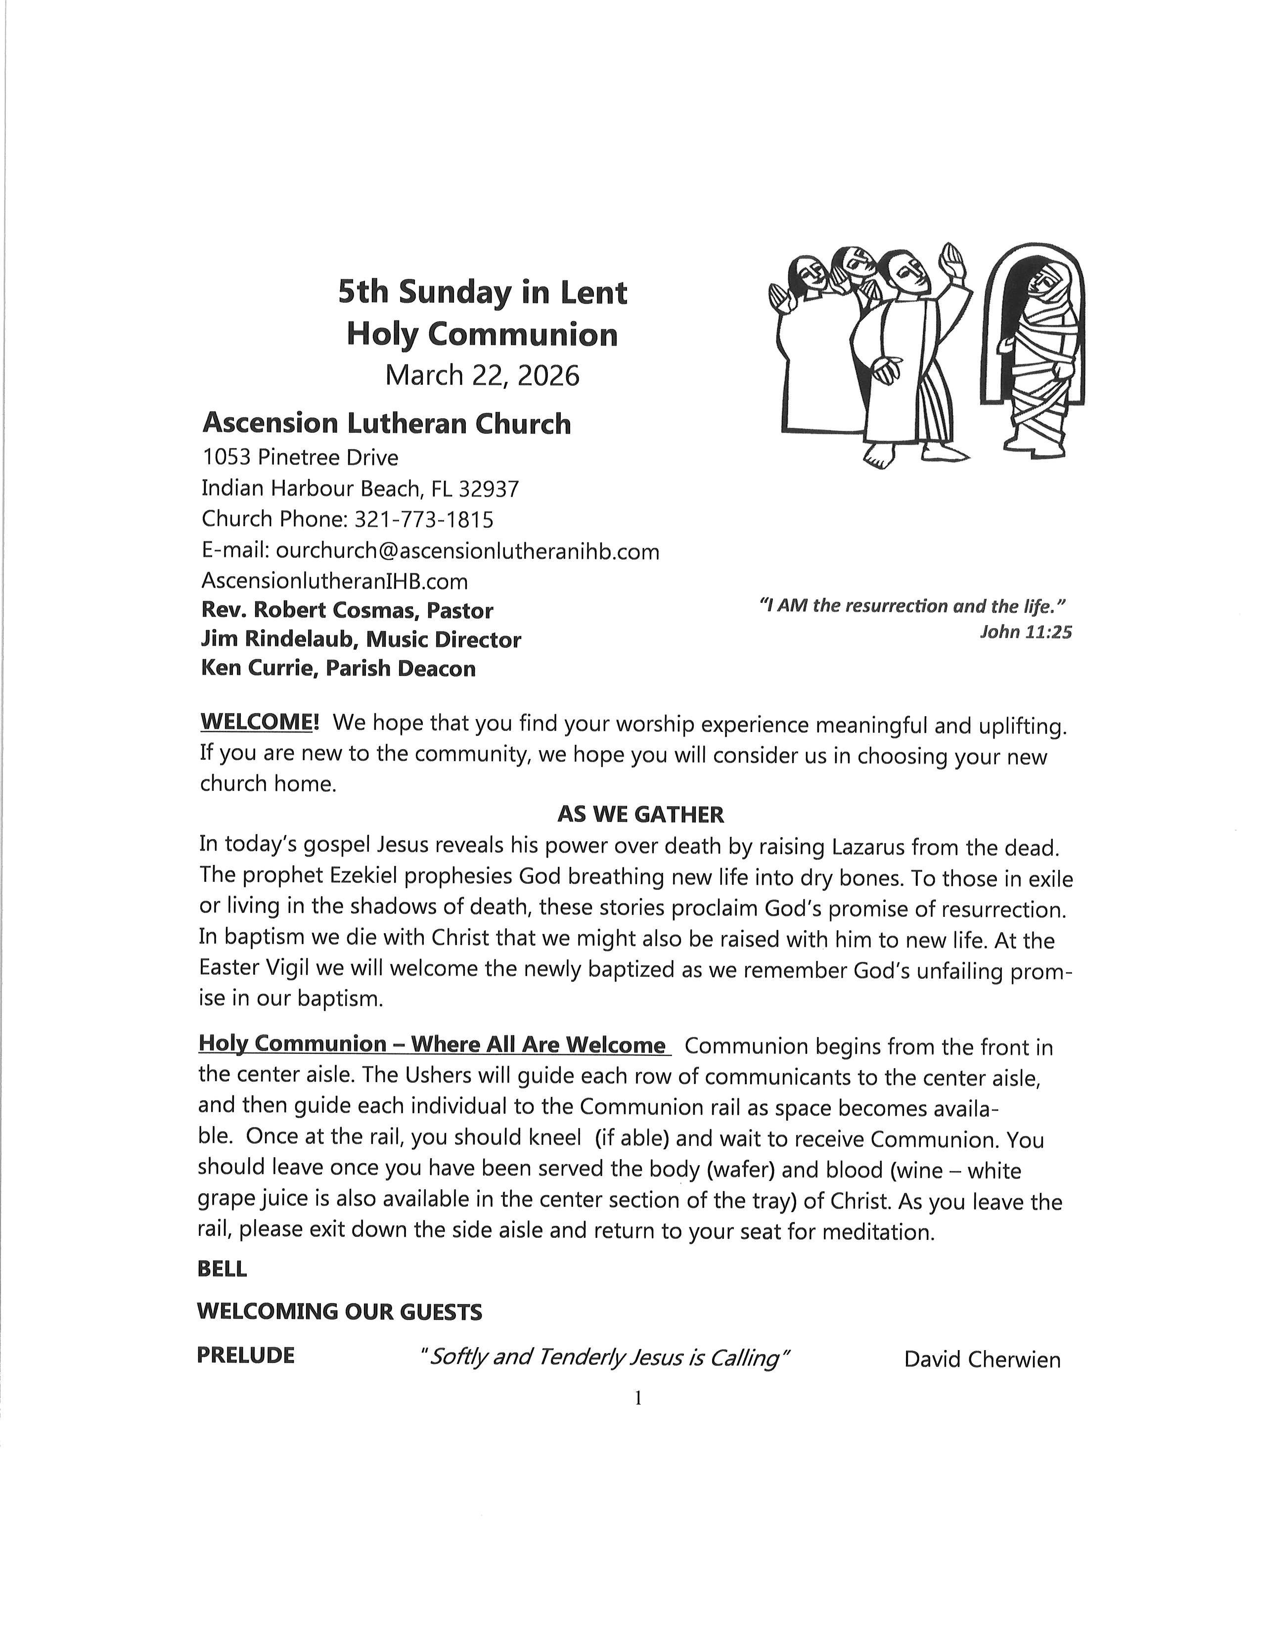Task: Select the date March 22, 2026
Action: (482, 375)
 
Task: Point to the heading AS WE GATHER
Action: (640, 814)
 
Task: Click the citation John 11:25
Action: (1025, 632)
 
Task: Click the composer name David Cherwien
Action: (982, 1359)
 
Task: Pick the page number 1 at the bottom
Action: (637, 1398)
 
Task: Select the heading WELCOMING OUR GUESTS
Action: (339, 1312)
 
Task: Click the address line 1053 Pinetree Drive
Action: (300, 457)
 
